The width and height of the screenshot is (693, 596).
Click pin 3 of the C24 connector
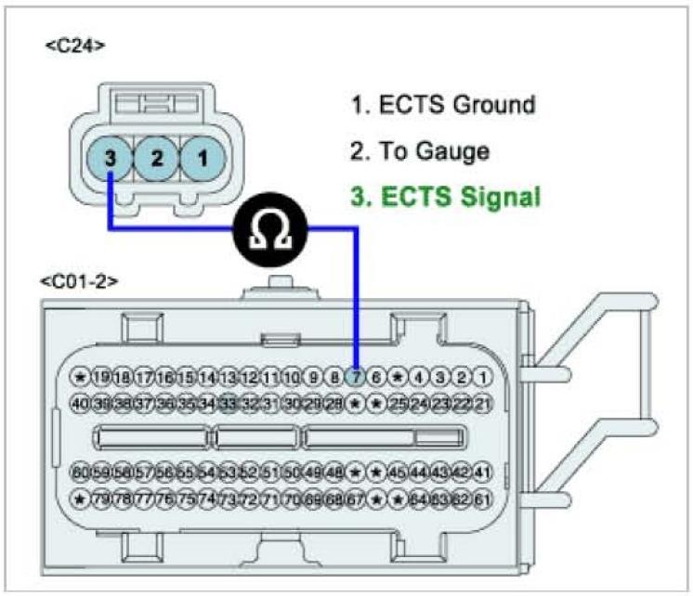point(111,159)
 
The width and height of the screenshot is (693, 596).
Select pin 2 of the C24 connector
point(156,159)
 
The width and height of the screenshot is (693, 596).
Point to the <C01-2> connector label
point(80,280)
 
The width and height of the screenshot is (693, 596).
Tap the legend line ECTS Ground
point(443,104)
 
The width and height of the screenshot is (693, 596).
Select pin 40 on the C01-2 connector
point(81,403)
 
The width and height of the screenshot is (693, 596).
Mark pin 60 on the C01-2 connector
point(81,473)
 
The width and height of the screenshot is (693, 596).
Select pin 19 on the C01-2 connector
point(102,377)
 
